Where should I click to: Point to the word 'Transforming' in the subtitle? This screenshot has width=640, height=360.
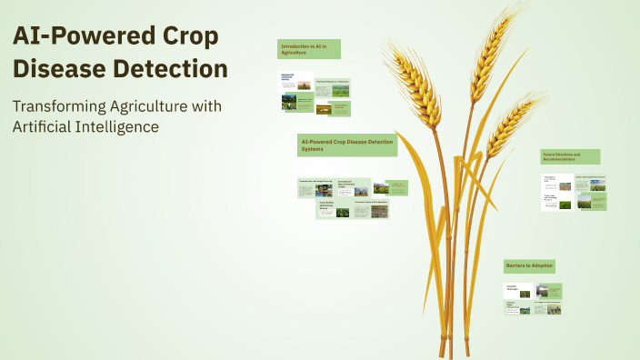coord(60,106)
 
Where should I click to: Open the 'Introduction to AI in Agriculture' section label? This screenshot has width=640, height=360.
coord(309,49)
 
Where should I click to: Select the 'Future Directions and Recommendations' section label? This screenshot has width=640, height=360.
coord(570,156)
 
